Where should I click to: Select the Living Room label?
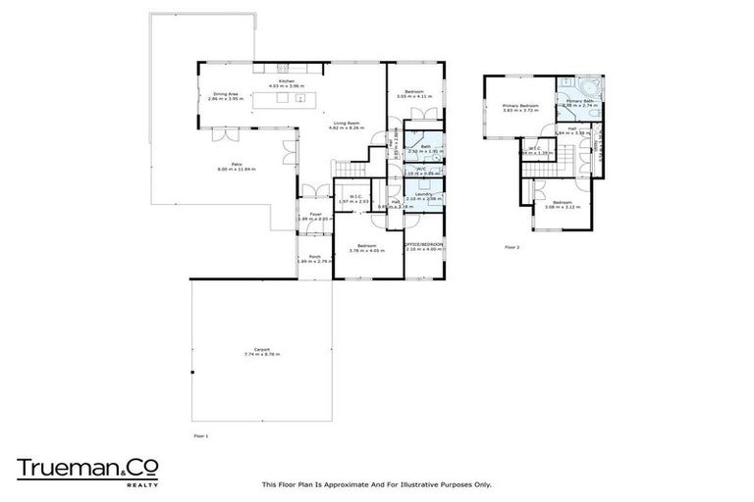pos(344,123)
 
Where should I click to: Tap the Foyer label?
pos(315,214)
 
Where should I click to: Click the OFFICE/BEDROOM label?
pos(424,244)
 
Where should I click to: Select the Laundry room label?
pos(424,193)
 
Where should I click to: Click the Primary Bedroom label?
pos(520,105)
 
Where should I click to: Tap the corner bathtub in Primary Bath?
pos(585,84)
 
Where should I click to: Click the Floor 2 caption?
pos(512,247)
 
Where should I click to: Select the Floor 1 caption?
pos(200,434)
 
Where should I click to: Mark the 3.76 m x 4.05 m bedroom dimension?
pos(368,249)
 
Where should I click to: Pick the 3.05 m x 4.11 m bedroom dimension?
pos(413,96)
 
